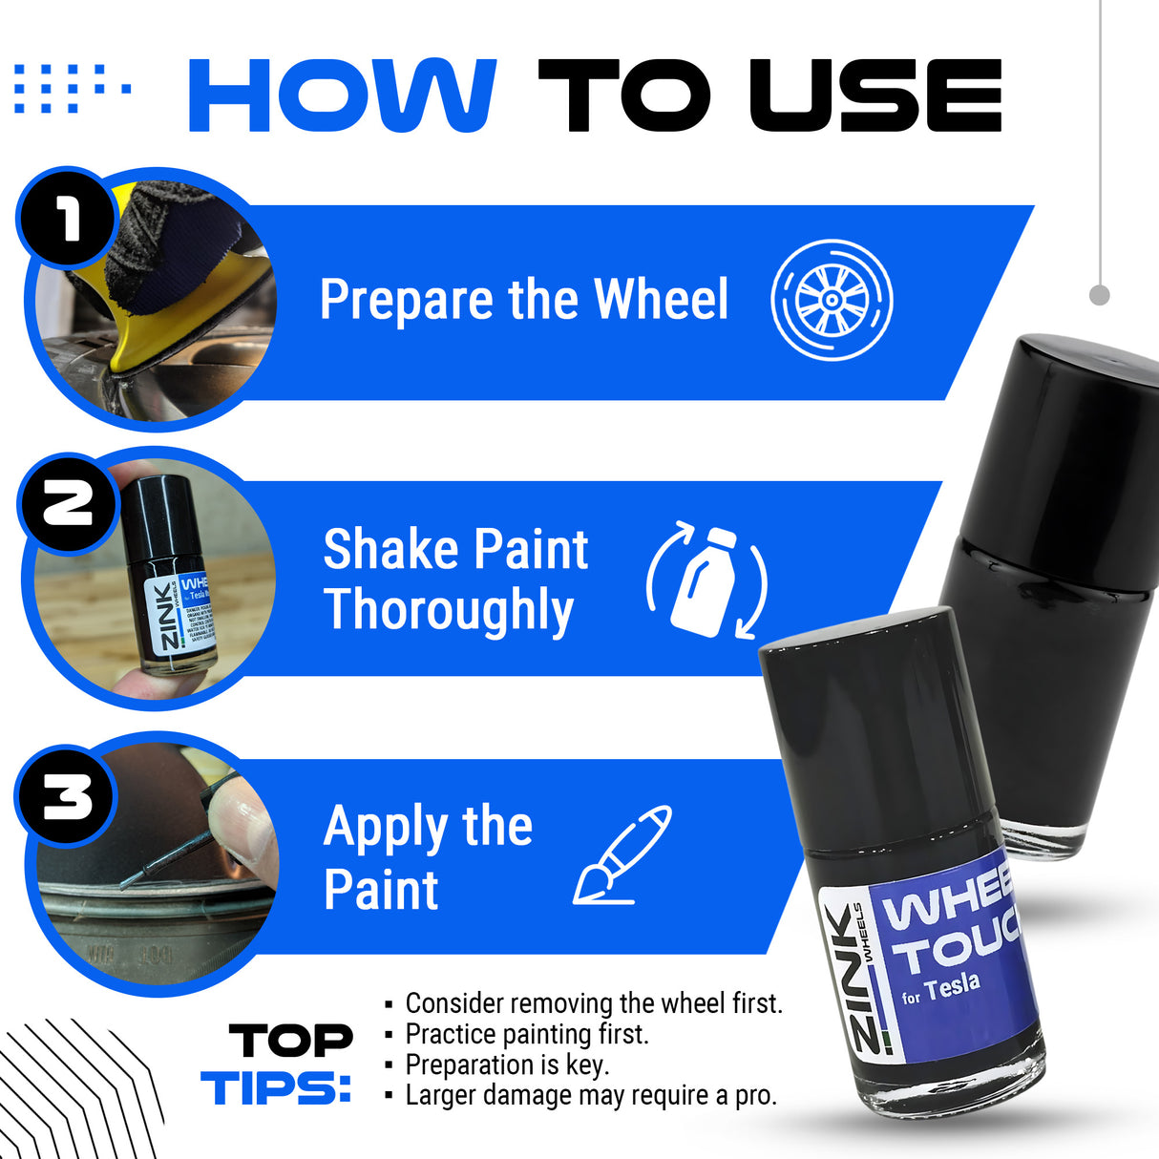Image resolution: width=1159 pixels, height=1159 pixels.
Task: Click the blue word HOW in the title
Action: click(342, 95)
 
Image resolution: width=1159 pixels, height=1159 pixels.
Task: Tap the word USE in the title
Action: click(875, 95)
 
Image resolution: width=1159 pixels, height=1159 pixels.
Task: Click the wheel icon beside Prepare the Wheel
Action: click(832, 300)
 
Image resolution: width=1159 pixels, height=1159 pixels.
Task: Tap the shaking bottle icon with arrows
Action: click(706, 580)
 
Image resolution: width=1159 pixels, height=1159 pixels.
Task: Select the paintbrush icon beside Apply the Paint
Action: click(622, 854)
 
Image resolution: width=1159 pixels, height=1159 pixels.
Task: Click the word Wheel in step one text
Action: click(661, 300)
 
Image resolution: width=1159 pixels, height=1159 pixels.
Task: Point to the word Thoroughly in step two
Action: click(449, 611)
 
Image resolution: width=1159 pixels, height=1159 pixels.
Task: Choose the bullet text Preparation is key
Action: click(506, 1064)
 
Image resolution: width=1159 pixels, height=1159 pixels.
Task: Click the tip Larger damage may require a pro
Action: click(590, 1095)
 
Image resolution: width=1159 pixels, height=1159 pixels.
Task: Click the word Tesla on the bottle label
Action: click(952, 986)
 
